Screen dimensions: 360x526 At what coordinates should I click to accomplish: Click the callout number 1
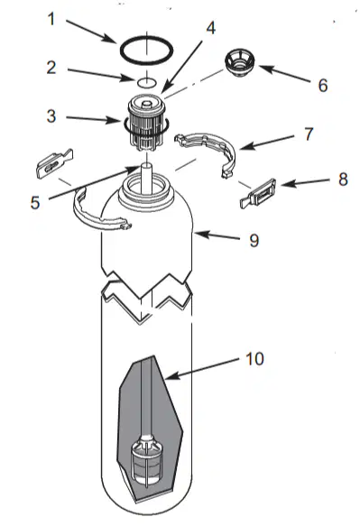coord(51,19)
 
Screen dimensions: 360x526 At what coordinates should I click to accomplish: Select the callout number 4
coord(211,28)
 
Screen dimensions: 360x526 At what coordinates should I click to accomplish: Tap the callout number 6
coord(323,85)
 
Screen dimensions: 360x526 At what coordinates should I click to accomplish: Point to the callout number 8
coord(343,180)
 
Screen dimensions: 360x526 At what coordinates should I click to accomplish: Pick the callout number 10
coord(255,358)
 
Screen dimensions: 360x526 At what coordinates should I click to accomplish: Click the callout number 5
coord(35,203)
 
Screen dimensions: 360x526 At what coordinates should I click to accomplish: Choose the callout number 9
coord(254,240)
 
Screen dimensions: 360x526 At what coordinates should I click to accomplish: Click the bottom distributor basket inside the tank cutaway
coord(147,463)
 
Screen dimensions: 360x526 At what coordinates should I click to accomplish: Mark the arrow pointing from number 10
coord(201,369)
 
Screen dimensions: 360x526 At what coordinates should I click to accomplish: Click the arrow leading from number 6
coord(284,73)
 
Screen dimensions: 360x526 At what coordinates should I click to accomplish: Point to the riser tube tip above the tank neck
coord(147,166)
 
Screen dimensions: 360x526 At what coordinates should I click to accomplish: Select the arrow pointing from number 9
coord(217,235)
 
